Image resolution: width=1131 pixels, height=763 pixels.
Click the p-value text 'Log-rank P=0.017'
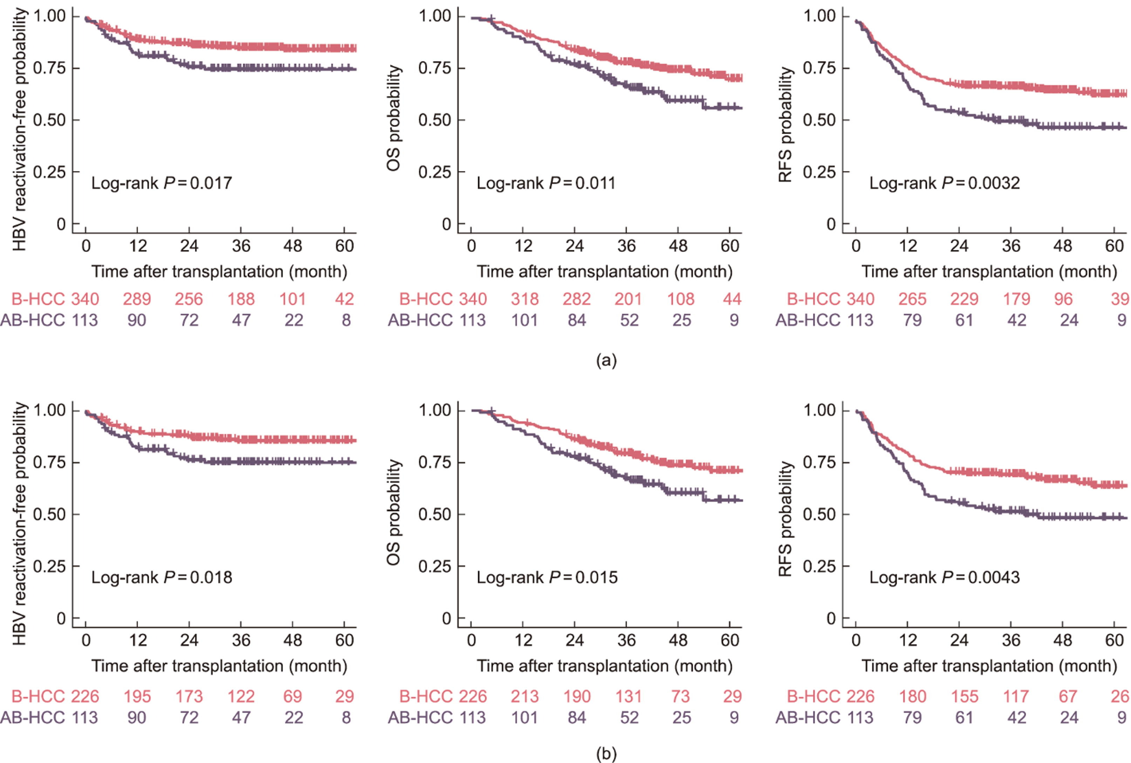162,183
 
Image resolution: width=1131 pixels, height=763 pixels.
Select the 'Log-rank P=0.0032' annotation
944,183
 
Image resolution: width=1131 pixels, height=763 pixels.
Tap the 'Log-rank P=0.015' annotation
547,577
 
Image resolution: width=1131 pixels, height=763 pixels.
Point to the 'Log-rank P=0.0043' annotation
944,577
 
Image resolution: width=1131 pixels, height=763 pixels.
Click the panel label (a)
606,361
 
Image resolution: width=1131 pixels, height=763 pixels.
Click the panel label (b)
606,754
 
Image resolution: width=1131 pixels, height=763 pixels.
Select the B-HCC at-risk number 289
137,299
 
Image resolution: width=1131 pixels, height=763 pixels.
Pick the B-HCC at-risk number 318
524,299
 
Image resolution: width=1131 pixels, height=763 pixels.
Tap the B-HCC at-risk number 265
912,299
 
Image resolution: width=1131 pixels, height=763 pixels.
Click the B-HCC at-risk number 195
137,696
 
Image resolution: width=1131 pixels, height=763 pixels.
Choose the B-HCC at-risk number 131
628,696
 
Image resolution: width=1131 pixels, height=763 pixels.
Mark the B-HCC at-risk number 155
964,696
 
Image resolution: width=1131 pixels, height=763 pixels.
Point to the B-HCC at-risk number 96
1063,299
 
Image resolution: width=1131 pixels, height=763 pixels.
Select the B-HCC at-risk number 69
292,696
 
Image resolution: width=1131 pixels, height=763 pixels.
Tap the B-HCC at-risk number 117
1016,696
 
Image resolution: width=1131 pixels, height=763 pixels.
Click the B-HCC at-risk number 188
241,299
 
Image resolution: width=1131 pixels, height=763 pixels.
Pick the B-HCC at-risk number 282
577,299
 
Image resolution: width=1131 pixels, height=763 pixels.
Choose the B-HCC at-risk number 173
189,696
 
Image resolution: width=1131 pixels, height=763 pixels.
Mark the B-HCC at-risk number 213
524,696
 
